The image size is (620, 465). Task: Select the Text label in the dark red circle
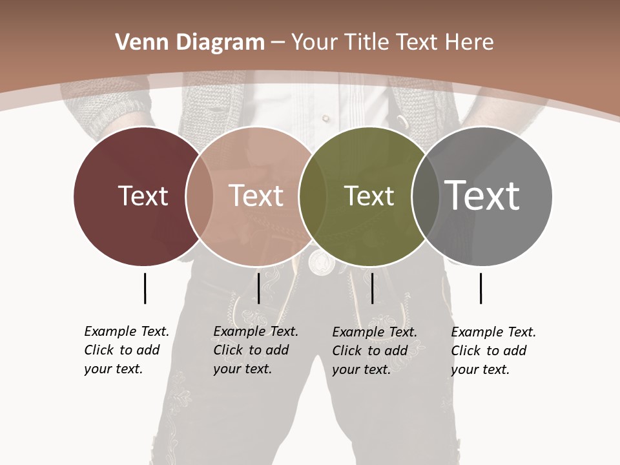[x=143, y=196]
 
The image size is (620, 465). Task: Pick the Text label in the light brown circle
[x=256, y=196]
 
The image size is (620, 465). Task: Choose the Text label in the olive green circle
[x=369, y=196]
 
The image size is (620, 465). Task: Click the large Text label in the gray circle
[x=482, y=196]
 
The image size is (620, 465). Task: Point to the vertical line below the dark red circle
[x=145, y=288]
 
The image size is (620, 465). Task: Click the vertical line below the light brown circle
[x=258, y=288]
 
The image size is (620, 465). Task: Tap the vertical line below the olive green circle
[x=372, y=288]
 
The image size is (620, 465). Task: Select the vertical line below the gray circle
[x=480, y=288]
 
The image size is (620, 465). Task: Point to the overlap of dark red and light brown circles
[x=200, y=196]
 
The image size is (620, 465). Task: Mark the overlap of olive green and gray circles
[x=424, y=196]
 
